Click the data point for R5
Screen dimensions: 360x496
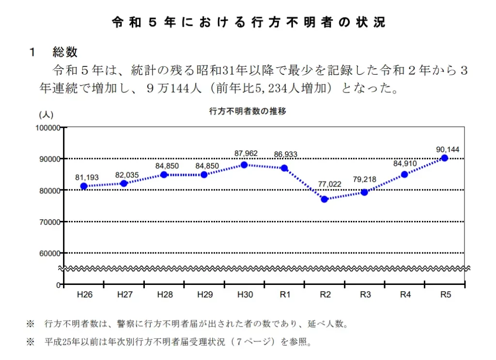[445, 158]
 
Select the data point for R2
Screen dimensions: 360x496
[325, 199]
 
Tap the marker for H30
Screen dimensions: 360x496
[244, 165]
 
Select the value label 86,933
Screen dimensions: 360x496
[285, 155]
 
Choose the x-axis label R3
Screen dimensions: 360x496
[365, 294]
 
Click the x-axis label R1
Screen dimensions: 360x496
[285, 294]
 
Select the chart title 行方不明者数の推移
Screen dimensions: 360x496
[248, 111]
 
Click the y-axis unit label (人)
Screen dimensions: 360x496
[46, 115]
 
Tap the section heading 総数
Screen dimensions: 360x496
[65, 52]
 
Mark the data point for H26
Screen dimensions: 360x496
[84, 186]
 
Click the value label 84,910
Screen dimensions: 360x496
[405, 163]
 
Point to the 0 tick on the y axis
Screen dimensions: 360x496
[58, 284]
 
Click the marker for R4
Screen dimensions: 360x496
[404, 174]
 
